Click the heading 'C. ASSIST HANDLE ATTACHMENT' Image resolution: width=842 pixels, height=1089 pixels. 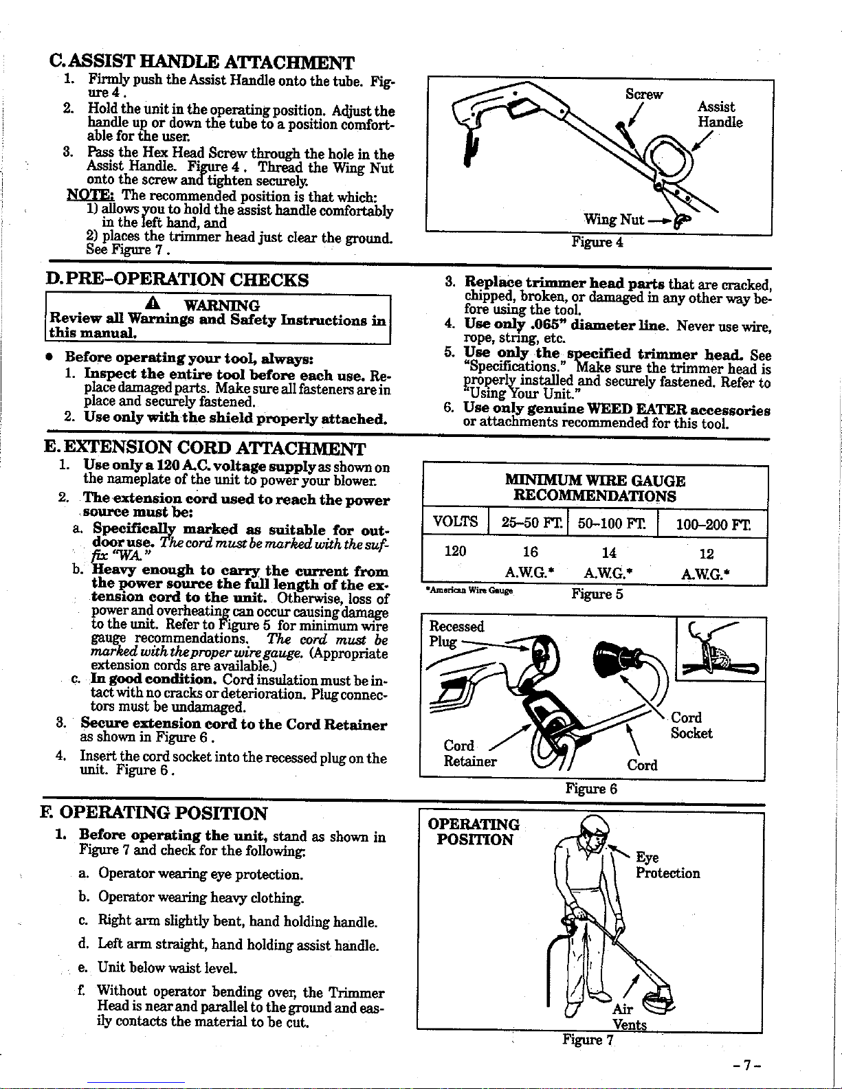(x=202, y=64)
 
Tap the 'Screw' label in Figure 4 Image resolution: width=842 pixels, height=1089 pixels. (x=643, y=94)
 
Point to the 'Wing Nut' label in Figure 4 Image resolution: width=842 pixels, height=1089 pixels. (x=613, y=220)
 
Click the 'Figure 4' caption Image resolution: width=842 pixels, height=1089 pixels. (x=597, y=242)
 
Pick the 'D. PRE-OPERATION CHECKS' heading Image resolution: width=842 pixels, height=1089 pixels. (x=176, y=280)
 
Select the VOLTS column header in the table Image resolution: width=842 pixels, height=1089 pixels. (x=456, y=522)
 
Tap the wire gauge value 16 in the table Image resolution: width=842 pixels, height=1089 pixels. (x=530, y=552)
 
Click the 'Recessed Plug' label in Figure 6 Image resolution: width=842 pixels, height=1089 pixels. (x=456, y=633)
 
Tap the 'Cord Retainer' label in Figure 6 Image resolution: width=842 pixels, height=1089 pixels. (x=469, y=753)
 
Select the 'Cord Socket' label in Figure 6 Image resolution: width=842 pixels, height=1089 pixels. (x=691, y=726)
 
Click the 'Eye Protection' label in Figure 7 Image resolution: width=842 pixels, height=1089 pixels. (x=667, y=866)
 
